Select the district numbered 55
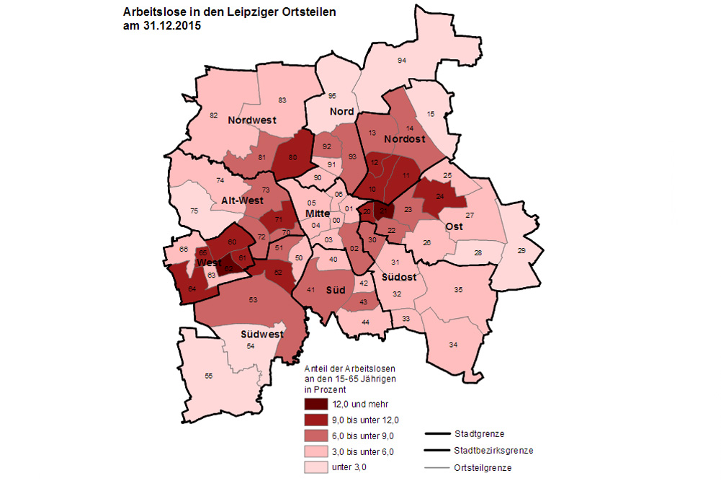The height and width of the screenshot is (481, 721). pos(209,376)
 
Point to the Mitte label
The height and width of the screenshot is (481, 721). pos(318,214)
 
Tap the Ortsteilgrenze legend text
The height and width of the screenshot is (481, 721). pos(483,468)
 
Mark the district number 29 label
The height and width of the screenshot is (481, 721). pos(521,250)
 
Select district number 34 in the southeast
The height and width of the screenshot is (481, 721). pos(453,345)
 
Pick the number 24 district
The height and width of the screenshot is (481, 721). pos(439,195)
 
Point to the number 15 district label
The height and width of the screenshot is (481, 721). pos(431,114)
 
